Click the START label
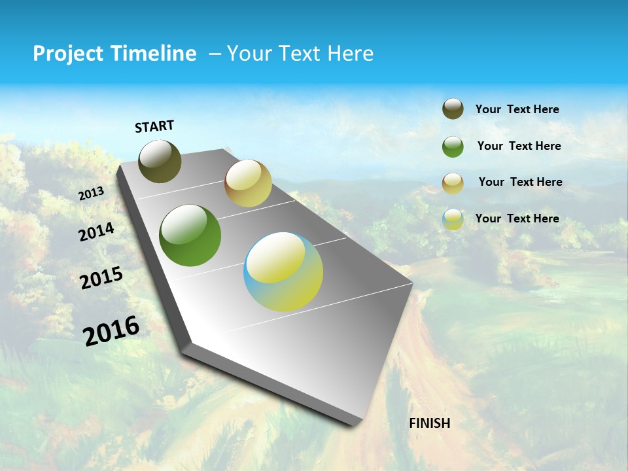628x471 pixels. click(x=154, y=126)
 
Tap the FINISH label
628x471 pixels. click(x=430, y=423)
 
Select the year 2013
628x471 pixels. click(x=92, y=194)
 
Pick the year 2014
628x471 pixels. click(x=96, y=232)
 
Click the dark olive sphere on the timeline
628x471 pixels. click(x=160, y=161)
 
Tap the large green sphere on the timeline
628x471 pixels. click(x=190, y=235)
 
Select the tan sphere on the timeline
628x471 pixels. click(x=248, y=183)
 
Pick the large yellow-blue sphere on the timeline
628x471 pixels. click(x=283, y=271)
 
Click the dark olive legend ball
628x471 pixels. click(x=453, y=109)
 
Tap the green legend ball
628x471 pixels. click(x=453, y=147)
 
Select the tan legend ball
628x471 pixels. click(x=453, y=183)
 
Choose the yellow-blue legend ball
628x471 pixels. click(x=453, y=219)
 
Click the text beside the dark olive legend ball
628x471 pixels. click(x=517, y=110)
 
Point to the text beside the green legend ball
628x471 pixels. click(x=519, y=146)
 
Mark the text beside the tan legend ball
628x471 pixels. click(x=520, y=182)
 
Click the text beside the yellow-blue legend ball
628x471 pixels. click(x=517, y=218)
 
